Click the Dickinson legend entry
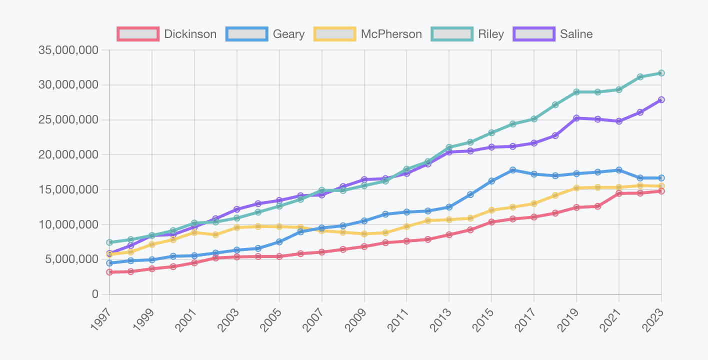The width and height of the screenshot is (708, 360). coord(167,34)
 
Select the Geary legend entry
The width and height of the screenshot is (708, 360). coord(265,34)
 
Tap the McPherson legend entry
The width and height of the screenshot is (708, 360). coord(368,34)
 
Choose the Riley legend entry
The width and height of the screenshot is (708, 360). coord(467,34)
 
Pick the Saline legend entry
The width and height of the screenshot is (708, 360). coord(553,34)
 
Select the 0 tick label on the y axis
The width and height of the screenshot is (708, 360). coord(95,294)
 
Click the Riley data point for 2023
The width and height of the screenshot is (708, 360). coord(661,73)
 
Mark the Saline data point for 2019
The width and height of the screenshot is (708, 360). coord(576,118)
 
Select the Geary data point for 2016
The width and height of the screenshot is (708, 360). coord(513,170)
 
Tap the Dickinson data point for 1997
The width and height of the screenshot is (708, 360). coord(109,272)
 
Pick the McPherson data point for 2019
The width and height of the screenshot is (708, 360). coord(576,188)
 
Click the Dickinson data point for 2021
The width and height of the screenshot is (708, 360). coord(619,193)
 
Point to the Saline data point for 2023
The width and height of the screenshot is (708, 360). coord(661,99)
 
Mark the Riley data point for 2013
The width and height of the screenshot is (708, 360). coord(449,147)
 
